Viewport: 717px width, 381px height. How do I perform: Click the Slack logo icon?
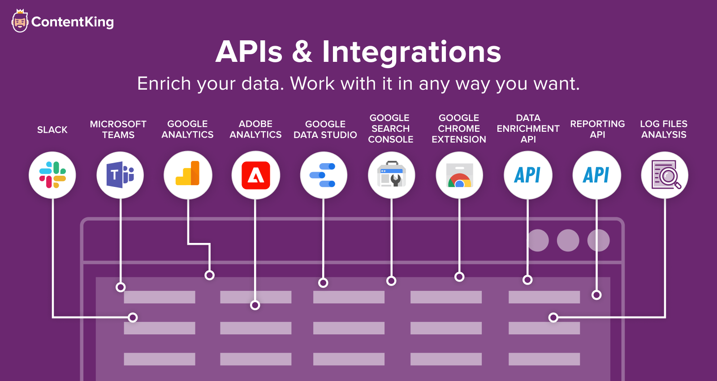[52, 175]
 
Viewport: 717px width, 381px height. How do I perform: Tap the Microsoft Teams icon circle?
[120, 175]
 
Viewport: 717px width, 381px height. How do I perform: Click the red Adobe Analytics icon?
[256, 175]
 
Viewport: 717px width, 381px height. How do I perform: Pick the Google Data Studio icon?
[323, 175]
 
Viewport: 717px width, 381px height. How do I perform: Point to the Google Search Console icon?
[392, 174]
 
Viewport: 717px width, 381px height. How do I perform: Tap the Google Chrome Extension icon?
[459, 175]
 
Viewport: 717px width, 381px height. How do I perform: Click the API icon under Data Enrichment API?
[527, 175]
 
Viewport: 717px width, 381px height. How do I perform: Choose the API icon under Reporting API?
[596, 175]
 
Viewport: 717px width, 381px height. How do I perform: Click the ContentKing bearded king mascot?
[20, 21]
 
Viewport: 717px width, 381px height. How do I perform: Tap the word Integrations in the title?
[411, 52]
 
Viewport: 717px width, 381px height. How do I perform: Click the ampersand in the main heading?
[302, 52]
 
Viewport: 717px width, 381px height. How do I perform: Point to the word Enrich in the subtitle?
[164, 83]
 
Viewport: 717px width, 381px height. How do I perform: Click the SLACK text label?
[52, 130]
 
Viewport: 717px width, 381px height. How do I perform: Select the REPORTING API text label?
[597, 129]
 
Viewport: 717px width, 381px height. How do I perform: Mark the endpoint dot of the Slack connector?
[133, 317]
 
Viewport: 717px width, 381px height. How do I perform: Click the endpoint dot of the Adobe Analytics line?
[255, 305]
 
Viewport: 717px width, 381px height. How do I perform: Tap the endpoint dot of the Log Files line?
[553, 317]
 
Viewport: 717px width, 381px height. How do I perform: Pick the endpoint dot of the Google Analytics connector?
[209, 275]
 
